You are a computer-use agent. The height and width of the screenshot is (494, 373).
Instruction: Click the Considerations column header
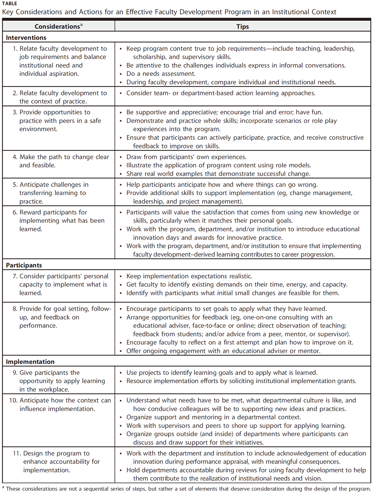[57, 27]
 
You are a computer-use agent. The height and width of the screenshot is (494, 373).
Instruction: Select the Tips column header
[242, 27]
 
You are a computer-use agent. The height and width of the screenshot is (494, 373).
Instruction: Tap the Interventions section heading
[26, 38]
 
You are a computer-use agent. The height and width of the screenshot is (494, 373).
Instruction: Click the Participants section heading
[24, 265]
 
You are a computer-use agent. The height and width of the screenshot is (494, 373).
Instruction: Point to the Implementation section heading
[30, 362]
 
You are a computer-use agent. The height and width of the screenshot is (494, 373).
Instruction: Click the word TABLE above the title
[10, 3]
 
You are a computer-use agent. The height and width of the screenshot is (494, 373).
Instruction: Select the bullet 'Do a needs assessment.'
[161, 74]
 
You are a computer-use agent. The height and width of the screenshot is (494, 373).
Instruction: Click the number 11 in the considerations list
[17, 453]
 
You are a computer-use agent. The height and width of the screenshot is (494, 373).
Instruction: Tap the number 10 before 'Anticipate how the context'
[13, 400]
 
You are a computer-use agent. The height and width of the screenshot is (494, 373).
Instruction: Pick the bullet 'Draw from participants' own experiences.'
[186, 157]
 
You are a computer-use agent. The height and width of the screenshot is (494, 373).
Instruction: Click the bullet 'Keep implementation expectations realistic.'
[189, 276]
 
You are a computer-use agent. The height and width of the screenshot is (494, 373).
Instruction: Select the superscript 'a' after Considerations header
[81, 25]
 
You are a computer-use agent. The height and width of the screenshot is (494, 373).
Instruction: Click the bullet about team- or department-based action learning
[221, 93]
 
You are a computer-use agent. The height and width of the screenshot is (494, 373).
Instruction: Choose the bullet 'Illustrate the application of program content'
[219, 165]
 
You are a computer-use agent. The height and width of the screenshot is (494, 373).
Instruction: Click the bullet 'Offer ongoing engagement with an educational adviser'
[223, 351]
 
